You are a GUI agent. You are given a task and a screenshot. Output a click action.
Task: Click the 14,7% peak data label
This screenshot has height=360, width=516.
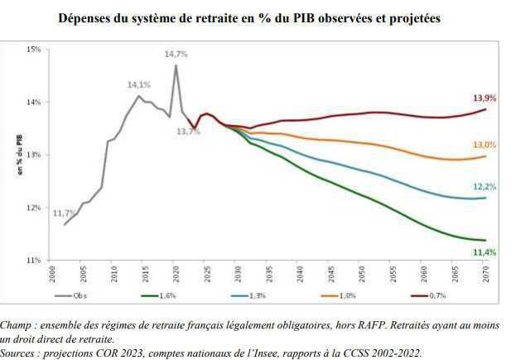[x=176, y=54]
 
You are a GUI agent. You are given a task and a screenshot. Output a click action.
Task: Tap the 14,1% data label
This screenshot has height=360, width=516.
[x=138, y=84]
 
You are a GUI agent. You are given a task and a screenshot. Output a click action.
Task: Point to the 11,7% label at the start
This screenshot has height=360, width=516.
[x=65, y=214]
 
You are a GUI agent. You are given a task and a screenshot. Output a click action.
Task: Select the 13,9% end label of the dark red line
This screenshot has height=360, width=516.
[x=485, y=98]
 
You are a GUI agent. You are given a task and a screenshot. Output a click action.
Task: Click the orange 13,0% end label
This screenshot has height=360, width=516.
[x=485, y=145]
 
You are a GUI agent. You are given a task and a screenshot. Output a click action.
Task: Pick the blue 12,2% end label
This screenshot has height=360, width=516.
[x=485, y=187]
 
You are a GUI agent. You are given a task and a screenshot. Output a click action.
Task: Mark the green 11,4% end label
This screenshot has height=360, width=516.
[x=485, y=252]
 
